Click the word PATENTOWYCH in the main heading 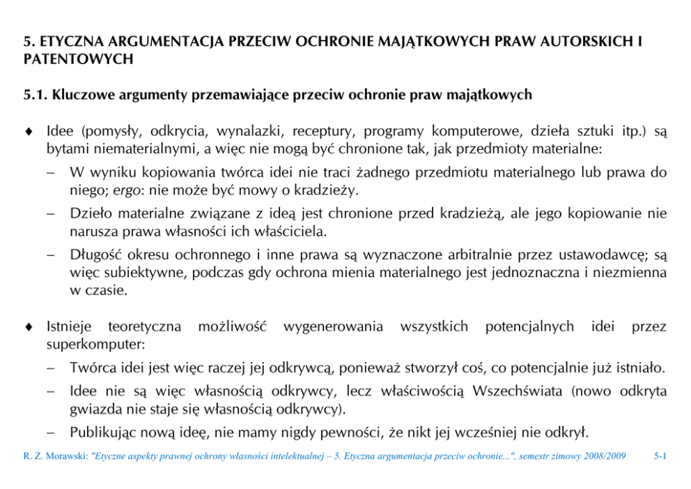[78, 59]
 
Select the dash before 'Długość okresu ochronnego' [52, 255]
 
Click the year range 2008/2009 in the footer [600, 457]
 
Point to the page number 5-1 [660, 457]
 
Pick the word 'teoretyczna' [145, 326]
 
